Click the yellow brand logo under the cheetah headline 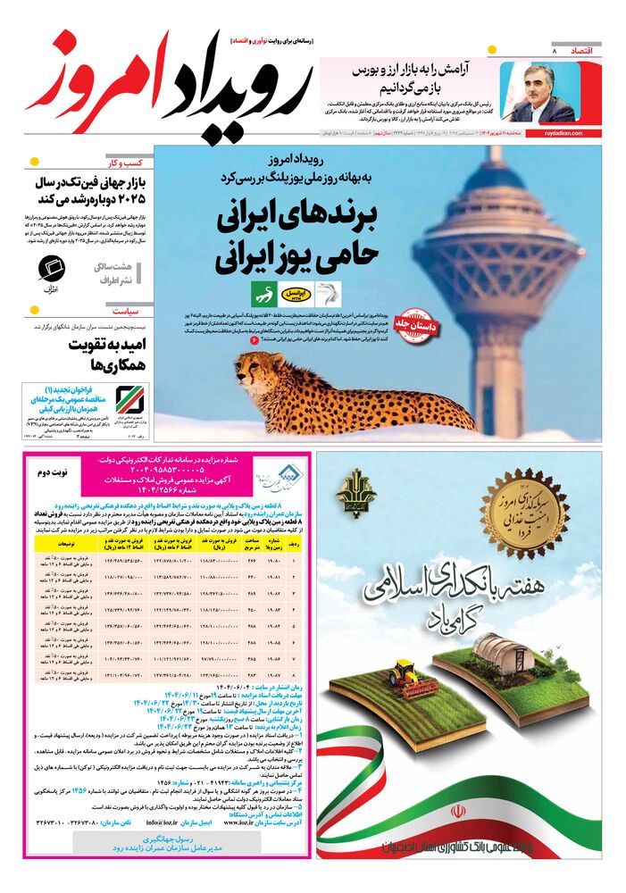pyautogui.click(x=293, y=292)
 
